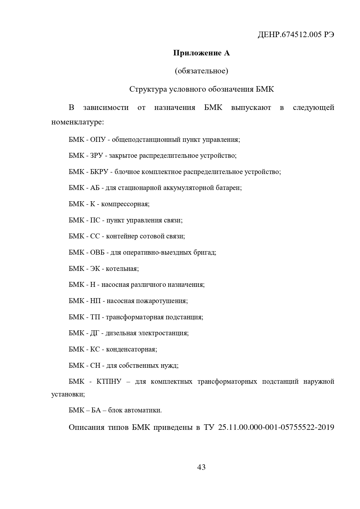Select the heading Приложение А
coord(201,53)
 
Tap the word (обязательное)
coord(201,71)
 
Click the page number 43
coord(201,467)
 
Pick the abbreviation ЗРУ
coord(97,156)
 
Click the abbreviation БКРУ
coord(99,172)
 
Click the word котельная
coord(122,269)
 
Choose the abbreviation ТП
coord(95,317)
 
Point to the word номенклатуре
coord(77,122)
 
